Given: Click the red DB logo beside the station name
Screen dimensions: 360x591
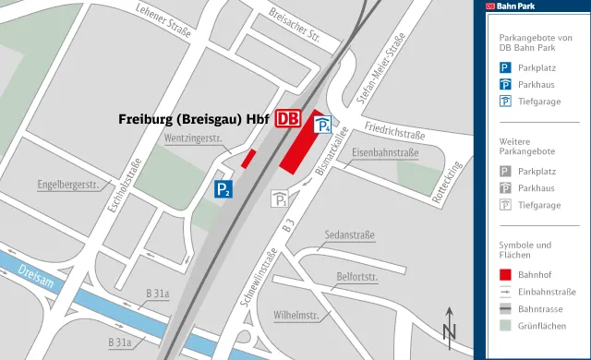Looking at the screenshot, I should click(x=288, y=118).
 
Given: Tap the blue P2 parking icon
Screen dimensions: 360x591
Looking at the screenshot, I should click(x=223, y=189).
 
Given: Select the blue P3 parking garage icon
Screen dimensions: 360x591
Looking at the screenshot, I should click(x=324, y=126).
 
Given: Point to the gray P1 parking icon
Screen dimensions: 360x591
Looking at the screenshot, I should click(x=282, y=198).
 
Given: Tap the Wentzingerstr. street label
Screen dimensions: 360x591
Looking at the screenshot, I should click(x=196, y=138).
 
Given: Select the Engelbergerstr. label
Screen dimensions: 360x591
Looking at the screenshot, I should click(x=68, y=185).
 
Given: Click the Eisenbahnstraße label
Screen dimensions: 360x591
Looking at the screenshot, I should click(x=386, y=152).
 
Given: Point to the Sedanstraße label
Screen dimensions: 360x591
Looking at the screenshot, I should click(x=350, y=235).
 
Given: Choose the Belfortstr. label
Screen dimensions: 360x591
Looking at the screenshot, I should click(x=357, y=276).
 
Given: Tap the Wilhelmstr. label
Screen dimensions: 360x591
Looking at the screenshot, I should click(x=296, y=316).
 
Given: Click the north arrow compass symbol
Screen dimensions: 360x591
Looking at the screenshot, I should click(x=450, y=325).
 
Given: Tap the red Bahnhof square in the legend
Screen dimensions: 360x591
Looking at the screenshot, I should click(x=505, y=274).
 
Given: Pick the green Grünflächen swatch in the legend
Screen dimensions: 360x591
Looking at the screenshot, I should click(x=505, y=325).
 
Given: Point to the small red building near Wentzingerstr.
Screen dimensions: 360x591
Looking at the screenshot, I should click(x=248, y=158).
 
